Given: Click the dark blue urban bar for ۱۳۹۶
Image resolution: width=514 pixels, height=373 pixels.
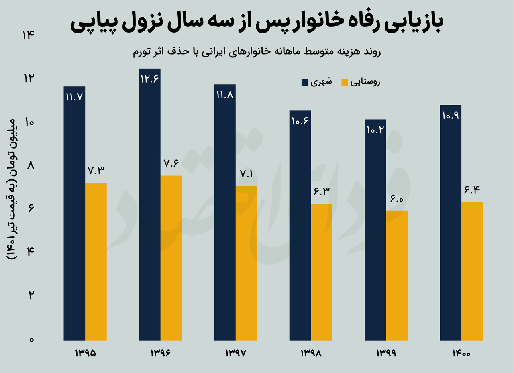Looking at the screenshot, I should [x=149, y=209].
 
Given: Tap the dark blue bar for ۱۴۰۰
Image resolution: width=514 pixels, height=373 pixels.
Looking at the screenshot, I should [x=451, y=225].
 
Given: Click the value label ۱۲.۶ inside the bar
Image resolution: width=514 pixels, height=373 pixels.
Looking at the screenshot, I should [x=149, y=79].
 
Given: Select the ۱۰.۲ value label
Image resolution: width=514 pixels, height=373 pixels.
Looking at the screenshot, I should [x=375, y=129].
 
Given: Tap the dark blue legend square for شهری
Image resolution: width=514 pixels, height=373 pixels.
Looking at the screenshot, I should [x=305, y=83].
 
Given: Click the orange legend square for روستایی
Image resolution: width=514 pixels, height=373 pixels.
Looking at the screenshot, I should [x=345, y=83].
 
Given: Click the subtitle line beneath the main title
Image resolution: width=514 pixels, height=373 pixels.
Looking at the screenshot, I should [x=257, y=53].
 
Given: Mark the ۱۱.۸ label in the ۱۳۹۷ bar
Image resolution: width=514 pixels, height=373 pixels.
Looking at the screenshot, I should [x=225, y=96].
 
